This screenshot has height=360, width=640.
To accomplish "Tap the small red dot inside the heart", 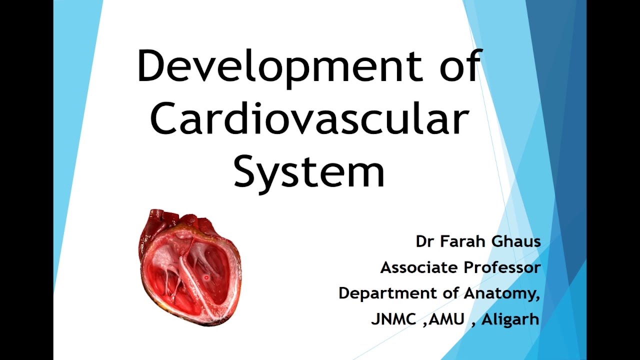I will click(206, 277).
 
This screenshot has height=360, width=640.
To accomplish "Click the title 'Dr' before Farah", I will click(424, 242).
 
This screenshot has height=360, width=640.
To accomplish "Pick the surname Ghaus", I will click(515, 242).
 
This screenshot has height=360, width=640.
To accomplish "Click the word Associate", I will click(419, 268).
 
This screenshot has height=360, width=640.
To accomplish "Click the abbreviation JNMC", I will click(394, 319).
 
